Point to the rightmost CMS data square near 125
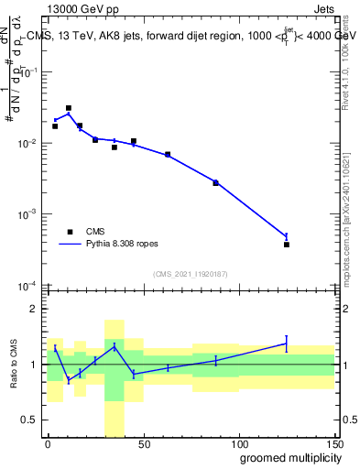pos(287,245)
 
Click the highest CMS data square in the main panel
pos(69,108)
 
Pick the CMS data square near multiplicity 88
pos(216,183)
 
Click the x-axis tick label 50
pos(143,444)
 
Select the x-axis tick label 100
pos(238,444)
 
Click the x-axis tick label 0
pos(48,444)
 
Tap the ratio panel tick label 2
pos(35,310)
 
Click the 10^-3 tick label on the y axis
pos(28,214)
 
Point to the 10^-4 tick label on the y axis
pos(28,285)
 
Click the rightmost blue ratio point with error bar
pos(287,344)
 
